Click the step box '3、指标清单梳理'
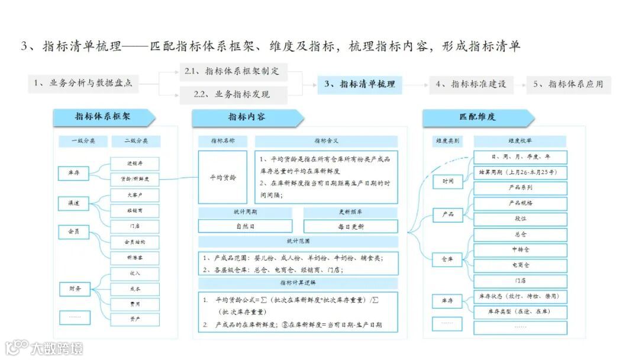(360, 84)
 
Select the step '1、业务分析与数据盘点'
(83, 84)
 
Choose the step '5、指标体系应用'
(568, 84)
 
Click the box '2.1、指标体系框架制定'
(233, 72)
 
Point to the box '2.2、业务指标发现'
(233, 94)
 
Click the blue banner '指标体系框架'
(103, 117)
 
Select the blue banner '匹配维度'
(478, 117)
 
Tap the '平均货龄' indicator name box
(222, 177)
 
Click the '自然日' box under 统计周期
(245, 226)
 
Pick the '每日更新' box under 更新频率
(351, 226)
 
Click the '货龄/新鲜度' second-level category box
(135, 179)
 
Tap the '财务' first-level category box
(74, 289)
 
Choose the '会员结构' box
(135, 242)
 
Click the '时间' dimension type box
(448, 181)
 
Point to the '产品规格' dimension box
(520, 203)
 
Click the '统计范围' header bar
(298, 242)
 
